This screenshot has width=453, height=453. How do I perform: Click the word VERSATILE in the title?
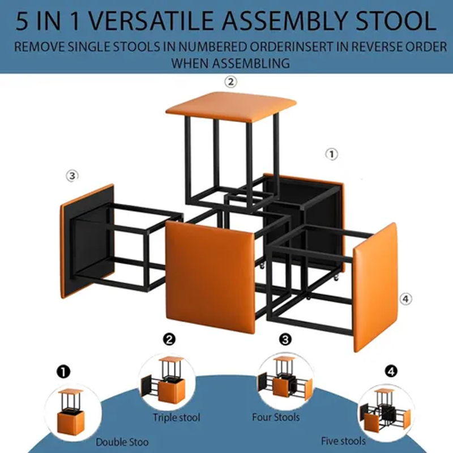pos(150,21)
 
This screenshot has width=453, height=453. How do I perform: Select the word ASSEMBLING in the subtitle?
pos(251,63)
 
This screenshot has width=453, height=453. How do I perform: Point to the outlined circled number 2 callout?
pos(230,82)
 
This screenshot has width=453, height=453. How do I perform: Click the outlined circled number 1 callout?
pos(332,154)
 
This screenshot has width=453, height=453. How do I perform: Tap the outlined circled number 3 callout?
pos(72,176)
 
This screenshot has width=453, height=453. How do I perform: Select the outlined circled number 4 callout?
pos(405,299)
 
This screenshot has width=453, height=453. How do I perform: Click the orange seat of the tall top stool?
pos(231,106)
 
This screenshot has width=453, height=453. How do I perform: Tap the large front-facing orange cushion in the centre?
pos(210,277)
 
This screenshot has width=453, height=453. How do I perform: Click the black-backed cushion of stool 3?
pos(87,241)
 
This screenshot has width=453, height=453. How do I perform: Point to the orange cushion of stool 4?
pos(375,288)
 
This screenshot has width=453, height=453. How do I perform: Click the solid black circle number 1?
pos(63,371)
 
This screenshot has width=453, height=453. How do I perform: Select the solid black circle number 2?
pos(169,339)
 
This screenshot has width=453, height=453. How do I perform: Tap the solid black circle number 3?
pos(285,339)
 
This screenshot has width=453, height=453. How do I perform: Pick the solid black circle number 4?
pos(391,371)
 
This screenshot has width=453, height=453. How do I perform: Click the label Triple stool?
pos(176,417)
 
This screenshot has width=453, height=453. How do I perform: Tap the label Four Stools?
pos(276,417)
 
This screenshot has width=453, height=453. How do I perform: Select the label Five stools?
pos(343,441)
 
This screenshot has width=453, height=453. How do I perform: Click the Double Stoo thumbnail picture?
pos(72,412)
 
